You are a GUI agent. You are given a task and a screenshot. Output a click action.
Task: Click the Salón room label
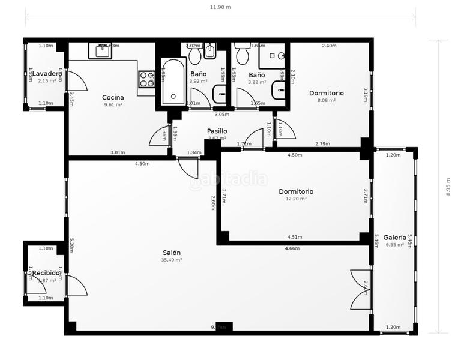pos(171,253)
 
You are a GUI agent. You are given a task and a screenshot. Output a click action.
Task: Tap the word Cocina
pos(113,97)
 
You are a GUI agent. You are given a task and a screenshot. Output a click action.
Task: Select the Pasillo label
pos(217,131)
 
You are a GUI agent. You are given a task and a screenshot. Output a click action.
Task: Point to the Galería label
pos(394,237)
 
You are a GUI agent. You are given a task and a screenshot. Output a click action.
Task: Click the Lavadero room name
pos(47,74)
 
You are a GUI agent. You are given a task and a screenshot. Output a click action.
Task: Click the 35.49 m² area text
pos(171,260)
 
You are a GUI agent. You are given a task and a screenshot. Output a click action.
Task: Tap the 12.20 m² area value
pos(296,199)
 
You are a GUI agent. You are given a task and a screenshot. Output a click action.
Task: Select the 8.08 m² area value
pos(326,100)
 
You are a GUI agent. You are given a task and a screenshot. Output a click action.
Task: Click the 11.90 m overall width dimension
pos(220,7)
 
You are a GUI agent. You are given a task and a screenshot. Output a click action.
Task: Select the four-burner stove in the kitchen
pos(146,79)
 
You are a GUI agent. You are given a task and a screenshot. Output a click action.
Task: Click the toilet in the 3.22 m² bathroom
pos(243,55)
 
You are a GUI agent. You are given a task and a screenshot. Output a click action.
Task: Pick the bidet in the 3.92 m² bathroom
pos(210,53)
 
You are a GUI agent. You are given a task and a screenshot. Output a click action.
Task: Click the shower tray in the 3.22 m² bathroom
pos(272,56)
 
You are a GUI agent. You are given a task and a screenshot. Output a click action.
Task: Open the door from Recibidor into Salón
pos(76,285)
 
